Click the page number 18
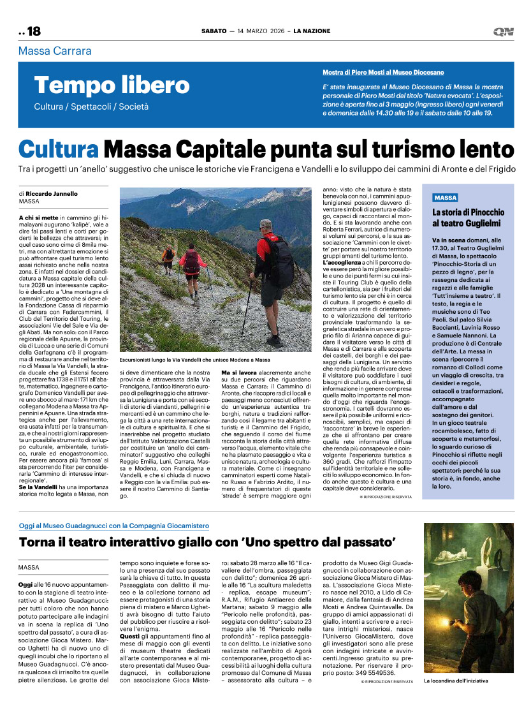pyautogui.click(x=33, y=31)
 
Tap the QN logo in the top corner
pyautogui.click(x=503, y=31)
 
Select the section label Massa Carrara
pyautogui.click(x=55, y=51)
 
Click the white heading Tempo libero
pyautogui.click(x=112, y=85)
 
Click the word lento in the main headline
pyautogui.click(x=478, y=149)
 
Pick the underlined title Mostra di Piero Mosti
pyautogui.click(x=383, y=73)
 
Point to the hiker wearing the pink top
pyautogui.click(x=191, y=263)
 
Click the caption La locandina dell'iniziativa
pyautogui.click(x=456, y=698)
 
